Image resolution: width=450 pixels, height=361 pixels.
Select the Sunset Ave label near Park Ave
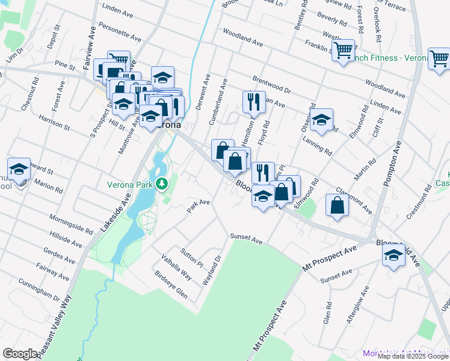[246, 241]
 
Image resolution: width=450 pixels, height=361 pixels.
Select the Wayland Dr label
[213, 268]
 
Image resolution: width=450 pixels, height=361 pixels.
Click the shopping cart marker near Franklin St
[343, 50]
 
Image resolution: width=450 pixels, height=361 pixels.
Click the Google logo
[20, 354]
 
